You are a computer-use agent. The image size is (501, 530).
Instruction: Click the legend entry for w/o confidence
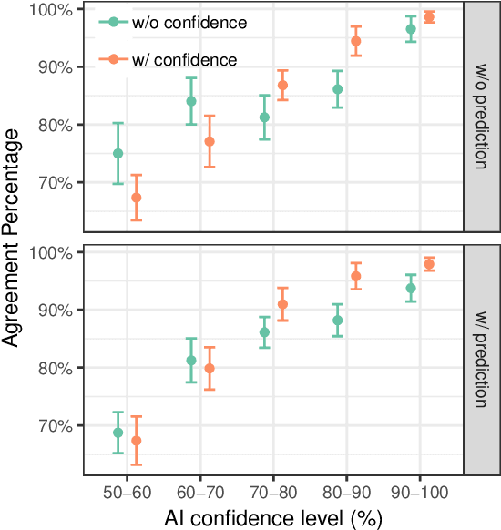pyautogui.click(x=173, y=23)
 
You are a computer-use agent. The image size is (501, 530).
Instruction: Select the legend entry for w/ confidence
pyautogui.click(x=169, y=59)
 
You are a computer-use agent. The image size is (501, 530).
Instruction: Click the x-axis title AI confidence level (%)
pyautogui.click(x=273, y=517)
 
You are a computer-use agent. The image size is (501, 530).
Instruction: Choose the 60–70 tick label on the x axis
pyautogui.click(x=200, y=489)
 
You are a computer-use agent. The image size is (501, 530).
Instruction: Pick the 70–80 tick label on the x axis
pyautogui.click(x=273, y=489)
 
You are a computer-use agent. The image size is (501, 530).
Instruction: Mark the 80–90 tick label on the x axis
pyautogui.click(x=346, y=489)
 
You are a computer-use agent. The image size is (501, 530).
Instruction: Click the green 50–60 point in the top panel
pyautogui.click(x=118, y=154)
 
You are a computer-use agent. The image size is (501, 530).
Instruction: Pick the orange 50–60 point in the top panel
pyautogui.click(x=137, y=198)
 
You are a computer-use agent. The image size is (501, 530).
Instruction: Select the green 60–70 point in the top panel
pyautogui.click(x=191, y=101)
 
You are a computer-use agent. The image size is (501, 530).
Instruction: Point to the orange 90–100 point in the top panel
pyautogui.click(x=429, y=16)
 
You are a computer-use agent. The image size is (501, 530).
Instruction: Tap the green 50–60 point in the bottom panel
pyautogui.click(x=118, y=433)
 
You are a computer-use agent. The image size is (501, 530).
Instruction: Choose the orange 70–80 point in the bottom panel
pyautogui.click(x=282, y=304)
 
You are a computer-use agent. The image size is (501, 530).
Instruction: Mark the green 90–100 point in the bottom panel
pyautogui.click(x=411, y=288)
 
